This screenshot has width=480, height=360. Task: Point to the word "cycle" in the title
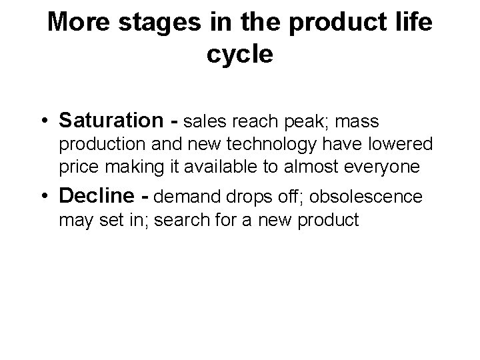tap(239, 55)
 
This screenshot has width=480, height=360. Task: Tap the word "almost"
tap(295, 167)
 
